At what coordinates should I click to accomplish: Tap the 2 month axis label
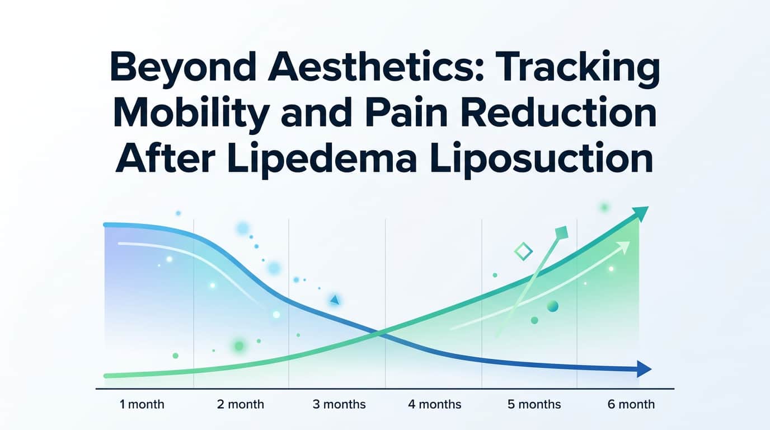pos(240,404)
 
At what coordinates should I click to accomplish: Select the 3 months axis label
pos(339,404)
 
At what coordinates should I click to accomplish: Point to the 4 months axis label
pos(434,404)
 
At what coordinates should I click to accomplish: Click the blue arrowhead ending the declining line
pos(644,369)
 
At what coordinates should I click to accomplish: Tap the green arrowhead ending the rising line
pos(641,213)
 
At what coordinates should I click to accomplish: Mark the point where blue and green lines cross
pos(379,334)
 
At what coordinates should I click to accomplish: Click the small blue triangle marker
pos(335,300)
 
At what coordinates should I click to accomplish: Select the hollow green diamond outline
pos(523,251)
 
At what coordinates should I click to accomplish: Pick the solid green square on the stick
pos(561,233)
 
